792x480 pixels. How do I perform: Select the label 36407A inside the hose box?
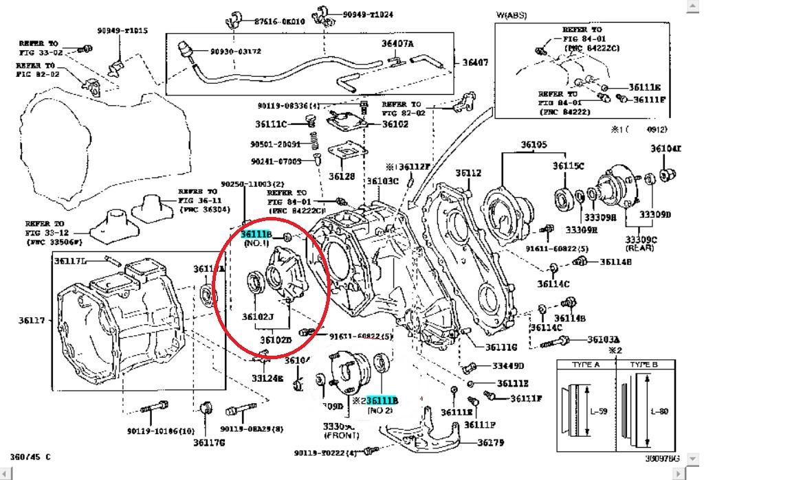(x=397, y=44)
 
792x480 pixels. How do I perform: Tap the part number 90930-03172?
(x=236, y=52)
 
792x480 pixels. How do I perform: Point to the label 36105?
(x=533, y=145)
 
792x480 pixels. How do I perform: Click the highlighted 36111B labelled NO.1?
(x=256, y=235)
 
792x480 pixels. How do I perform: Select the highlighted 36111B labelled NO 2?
(x=382, y=400)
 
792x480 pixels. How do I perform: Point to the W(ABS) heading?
(x=512, y=14)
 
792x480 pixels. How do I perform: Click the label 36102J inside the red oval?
(x=258, y=317)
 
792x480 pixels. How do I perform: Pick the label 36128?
(x=341, y=176)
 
